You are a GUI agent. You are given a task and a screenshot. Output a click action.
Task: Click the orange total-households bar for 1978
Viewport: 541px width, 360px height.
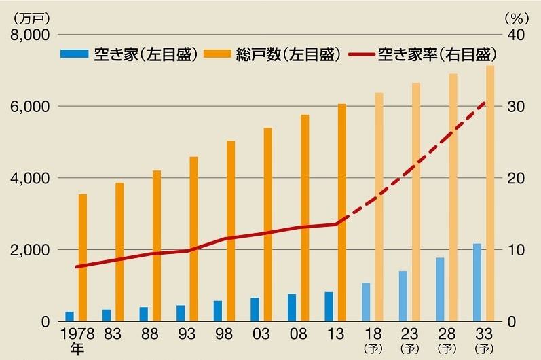click(83, 257)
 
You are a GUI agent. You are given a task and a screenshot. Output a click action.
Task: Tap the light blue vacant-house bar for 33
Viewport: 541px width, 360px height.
click(477, 282)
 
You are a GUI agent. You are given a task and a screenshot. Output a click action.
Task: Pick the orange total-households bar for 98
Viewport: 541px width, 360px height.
click(231, 231)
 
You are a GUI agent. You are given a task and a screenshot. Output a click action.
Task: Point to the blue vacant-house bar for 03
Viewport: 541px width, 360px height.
click(255, 309)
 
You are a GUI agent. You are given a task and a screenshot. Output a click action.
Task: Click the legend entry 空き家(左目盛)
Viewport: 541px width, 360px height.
click(128, 54)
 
